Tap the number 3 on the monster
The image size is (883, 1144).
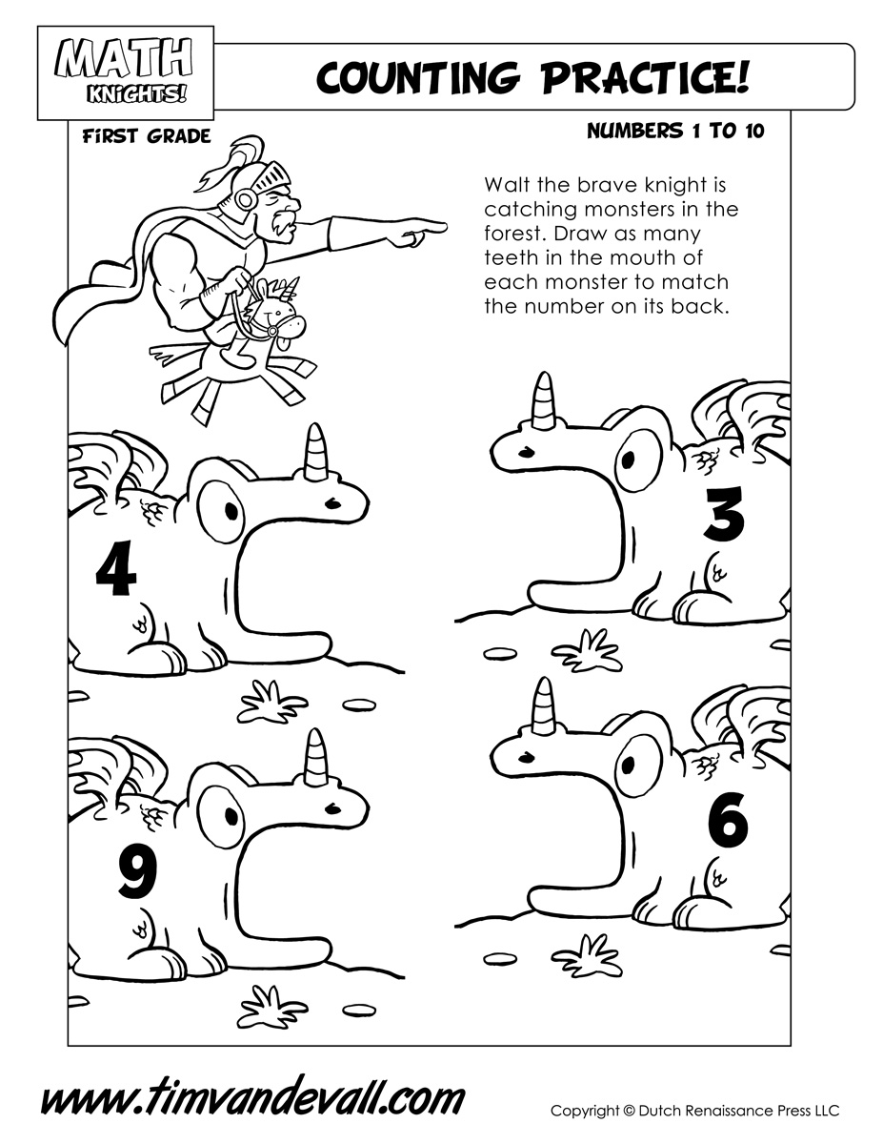(x=725, y=514)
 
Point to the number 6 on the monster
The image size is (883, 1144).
(x=729, y=824)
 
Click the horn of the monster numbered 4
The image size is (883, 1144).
(x=317, y=452)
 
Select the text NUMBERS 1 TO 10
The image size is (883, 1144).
(x=675, y=131)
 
